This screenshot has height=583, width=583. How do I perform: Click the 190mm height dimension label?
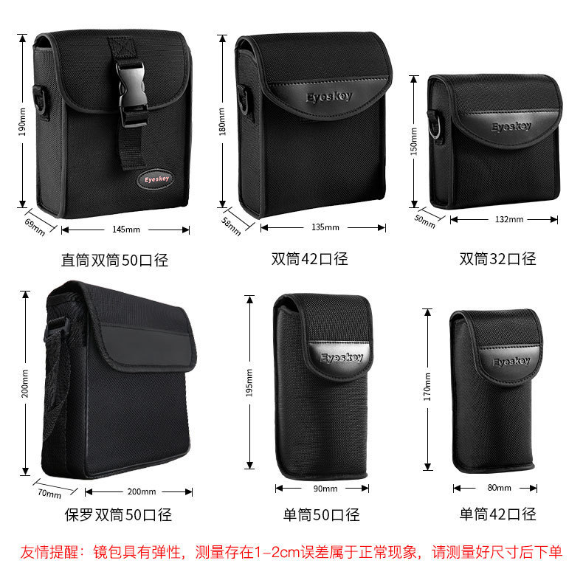pos(22,122)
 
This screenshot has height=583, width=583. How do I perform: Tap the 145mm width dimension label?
pos(126,230)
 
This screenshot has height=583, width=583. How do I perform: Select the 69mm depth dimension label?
pos(35,227)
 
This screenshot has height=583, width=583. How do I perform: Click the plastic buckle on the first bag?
pos(132,94)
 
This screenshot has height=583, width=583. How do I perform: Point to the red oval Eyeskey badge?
pos(156,179)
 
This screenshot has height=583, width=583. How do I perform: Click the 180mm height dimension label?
pos(222,121)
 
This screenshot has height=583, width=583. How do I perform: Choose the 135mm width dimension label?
pos(325,227)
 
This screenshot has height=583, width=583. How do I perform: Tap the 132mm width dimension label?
pos(509,219)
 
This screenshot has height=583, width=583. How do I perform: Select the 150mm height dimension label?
pos(413,141)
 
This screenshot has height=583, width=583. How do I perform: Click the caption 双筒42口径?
pos(309,259)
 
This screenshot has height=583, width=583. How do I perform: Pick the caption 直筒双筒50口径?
pos(114,260)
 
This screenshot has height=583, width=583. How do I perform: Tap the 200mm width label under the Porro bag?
pos(142,491)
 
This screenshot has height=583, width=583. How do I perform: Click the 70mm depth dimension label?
pos(49,494)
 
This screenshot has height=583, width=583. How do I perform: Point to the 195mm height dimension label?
pos(249,382)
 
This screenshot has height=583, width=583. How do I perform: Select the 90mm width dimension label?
pos(325,489)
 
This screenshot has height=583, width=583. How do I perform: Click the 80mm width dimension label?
pos(499,488)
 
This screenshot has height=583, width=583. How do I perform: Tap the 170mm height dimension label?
pos(427,387)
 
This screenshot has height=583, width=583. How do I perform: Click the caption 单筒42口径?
pos(498,514)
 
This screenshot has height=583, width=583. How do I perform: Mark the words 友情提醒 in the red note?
pos(49,552)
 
